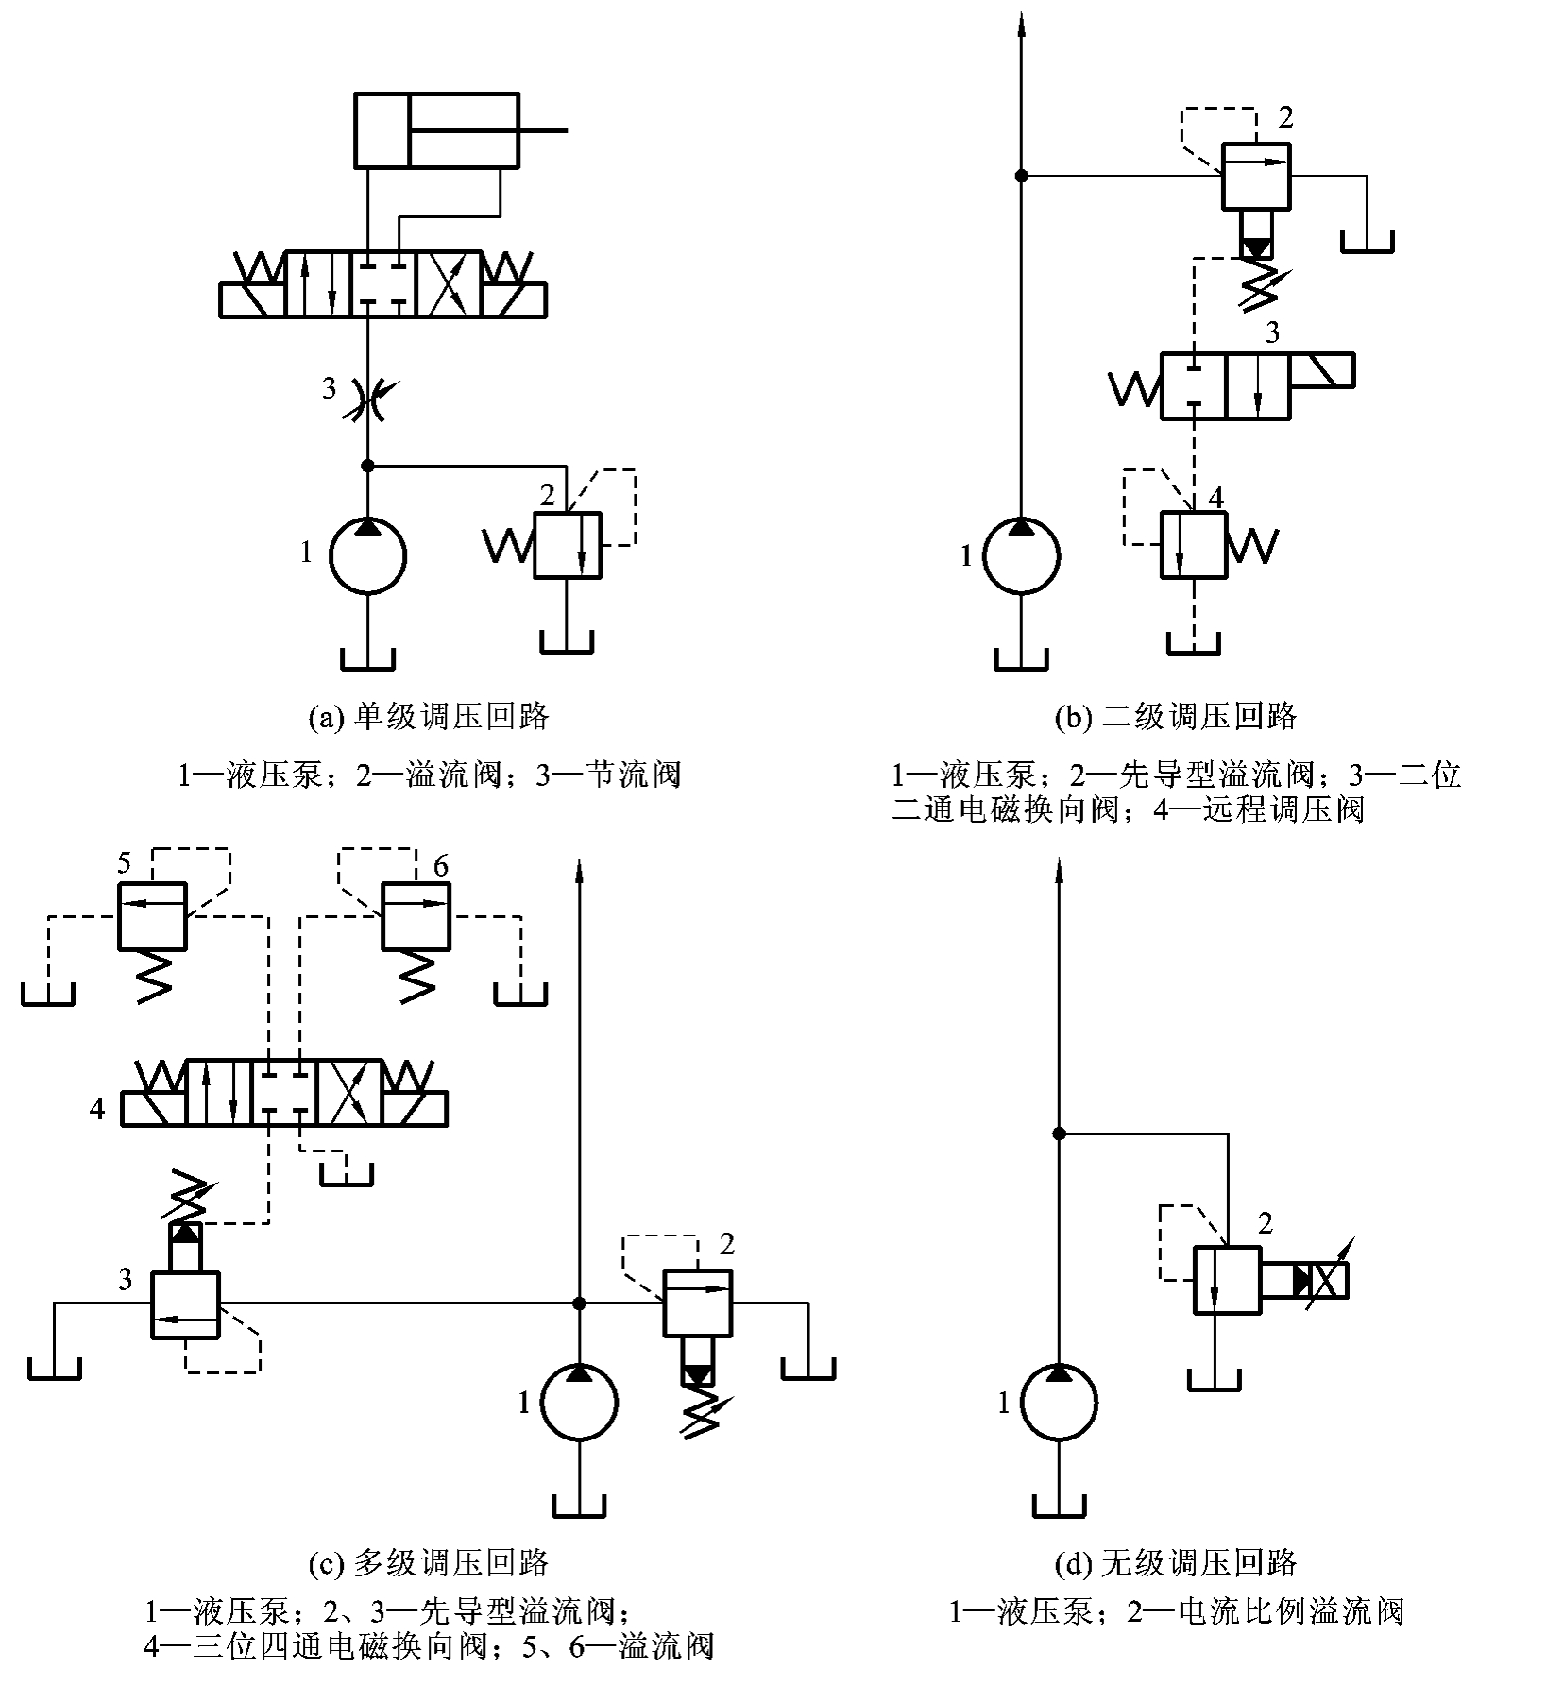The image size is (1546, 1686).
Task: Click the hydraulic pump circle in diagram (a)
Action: (367, 555)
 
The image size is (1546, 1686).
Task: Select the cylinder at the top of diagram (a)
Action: (436, 130)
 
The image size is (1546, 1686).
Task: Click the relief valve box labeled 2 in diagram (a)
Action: (569, 545)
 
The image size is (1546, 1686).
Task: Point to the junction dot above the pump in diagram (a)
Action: (367, 466)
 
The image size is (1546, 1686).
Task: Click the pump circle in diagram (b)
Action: (1021, 555)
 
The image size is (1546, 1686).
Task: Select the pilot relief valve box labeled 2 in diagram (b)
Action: (1256, 176)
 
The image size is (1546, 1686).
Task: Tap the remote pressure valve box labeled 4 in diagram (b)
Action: (1194, 545)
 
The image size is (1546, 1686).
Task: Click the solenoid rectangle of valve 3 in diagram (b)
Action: (1322, 370)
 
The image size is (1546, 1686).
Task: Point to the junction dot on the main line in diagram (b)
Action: (1021, 176)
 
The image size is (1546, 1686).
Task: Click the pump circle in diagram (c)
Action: (579, 1402)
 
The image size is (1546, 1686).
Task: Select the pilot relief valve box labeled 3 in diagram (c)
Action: (185, 1304)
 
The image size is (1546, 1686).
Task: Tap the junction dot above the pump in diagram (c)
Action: (579, 1303)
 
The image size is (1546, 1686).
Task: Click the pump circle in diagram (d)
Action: (1059, 1402)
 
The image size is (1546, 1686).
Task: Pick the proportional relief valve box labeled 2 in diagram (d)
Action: (1228, 1279)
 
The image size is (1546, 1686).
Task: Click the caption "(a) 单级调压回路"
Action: (429, 716)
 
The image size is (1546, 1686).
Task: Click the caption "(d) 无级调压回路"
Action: (1176, 1562)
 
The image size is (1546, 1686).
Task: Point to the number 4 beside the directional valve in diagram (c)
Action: (97, 1108)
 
